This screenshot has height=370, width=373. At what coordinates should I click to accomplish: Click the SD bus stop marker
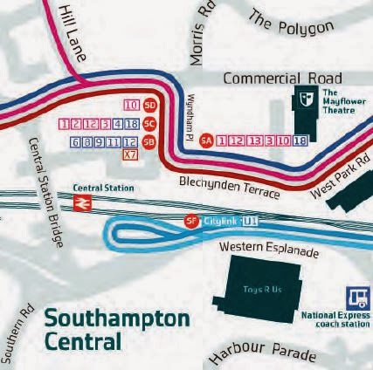click(149, 105)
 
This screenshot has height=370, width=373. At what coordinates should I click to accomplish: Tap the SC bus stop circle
click(149, 123)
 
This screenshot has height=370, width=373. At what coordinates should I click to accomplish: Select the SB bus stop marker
click(149, 141)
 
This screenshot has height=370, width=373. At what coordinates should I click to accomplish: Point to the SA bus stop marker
click(207, 140)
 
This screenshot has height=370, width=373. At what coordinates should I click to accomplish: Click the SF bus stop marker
click(192, 222)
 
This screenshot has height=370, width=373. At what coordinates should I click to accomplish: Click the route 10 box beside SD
click(132, 106)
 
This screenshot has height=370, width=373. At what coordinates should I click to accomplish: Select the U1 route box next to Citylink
click(252, 222)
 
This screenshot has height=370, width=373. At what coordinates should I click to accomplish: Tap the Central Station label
click(104, 188)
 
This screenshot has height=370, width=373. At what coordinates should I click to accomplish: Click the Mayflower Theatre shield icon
click(306, 98)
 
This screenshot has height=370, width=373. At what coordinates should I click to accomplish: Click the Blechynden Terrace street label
click(230, 188)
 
